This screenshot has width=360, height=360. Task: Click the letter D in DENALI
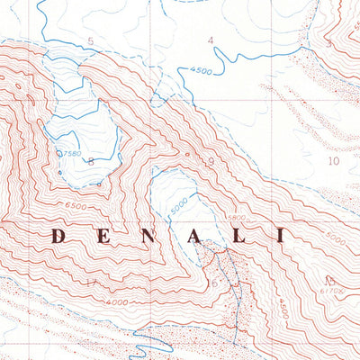(x=58, y=237)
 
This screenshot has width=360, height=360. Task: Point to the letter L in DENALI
(x=237, y=237)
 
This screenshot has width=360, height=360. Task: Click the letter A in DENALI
(x=193, y=237)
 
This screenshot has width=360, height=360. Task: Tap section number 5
(x=90, y=41)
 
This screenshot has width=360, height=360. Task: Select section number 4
(x=211, y=40)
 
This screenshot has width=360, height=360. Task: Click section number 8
(x=90, y=161)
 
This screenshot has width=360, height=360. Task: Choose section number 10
(x=333, y=161)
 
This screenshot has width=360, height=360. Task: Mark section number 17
(x=90, y=284)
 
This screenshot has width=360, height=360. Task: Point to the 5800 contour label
(x=237, y=218)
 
